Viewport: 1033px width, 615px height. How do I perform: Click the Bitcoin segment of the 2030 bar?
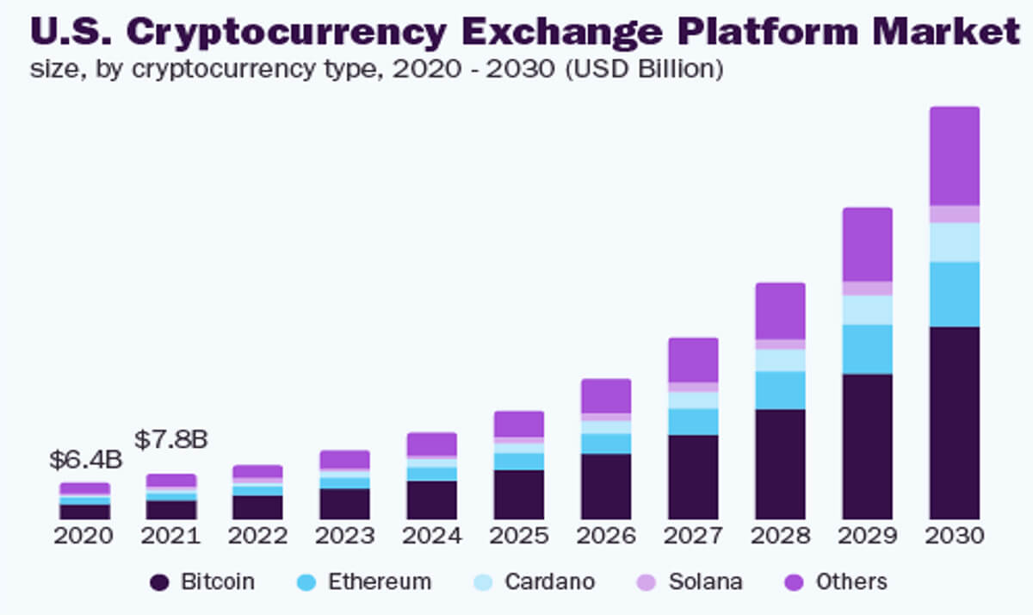click(x=954, y=422)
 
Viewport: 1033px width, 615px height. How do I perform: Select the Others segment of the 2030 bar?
click(x=954, y=156)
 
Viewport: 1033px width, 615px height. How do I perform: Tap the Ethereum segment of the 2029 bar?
click(x=867, y=349)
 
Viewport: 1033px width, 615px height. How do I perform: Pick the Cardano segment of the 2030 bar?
click(x=954, y=242)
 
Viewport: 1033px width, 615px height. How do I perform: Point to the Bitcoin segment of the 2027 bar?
click(x=693, y=476)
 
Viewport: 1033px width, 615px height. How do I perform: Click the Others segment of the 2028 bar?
click(x=780, y=311)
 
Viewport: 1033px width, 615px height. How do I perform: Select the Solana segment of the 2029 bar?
click(x=867, y=289)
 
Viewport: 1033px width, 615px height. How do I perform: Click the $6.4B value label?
click(x=85, y=460)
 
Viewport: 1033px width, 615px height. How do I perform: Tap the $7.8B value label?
click(x=171, y=439)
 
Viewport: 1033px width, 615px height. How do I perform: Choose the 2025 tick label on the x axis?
click(x=519, y=536)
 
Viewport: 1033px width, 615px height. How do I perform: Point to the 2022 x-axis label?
click(x=257, y=536)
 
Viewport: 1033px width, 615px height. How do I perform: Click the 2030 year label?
click(x=954, y=536)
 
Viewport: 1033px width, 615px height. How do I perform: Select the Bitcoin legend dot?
click(x=159, y=582)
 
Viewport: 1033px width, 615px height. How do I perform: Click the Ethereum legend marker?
click(x=306, y=582)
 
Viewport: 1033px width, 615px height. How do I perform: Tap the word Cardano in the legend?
click(x=549, y=582)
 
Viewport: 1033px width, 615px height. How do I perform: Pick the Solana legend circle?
click(x=646, y=582)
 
